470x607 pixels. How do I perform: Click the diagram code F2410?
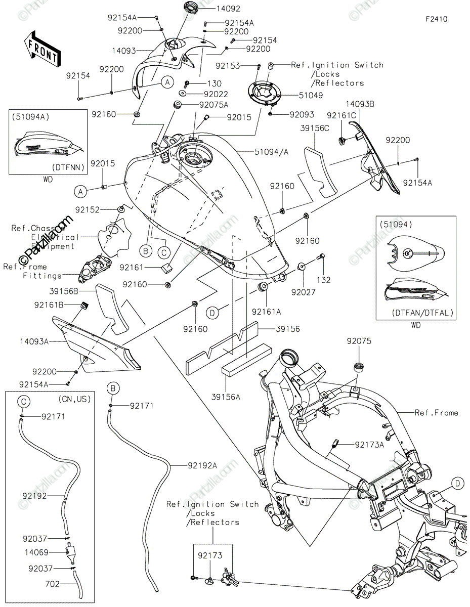point(436,19)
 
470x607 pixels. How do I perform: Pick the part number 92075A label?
point(213,105)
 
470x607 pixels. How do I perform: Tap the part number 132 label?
point(323,280)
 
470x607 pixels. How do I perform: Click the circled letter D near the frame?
point(457,484)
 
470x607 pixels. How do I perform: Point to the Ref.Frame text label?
point(436,413)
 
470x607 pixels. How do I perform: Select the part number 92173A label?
point(369,445)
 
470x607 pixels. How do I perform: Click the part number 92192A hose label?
point(202,465)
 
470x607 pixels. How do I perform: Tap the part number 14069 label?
point(50,552)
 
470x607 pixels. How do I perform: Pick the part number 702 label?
point(53,584)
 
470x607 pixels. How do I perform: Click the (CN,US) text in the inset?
point(75,399)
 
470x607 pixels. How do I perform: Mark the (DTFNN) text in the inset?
point(67,166)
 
